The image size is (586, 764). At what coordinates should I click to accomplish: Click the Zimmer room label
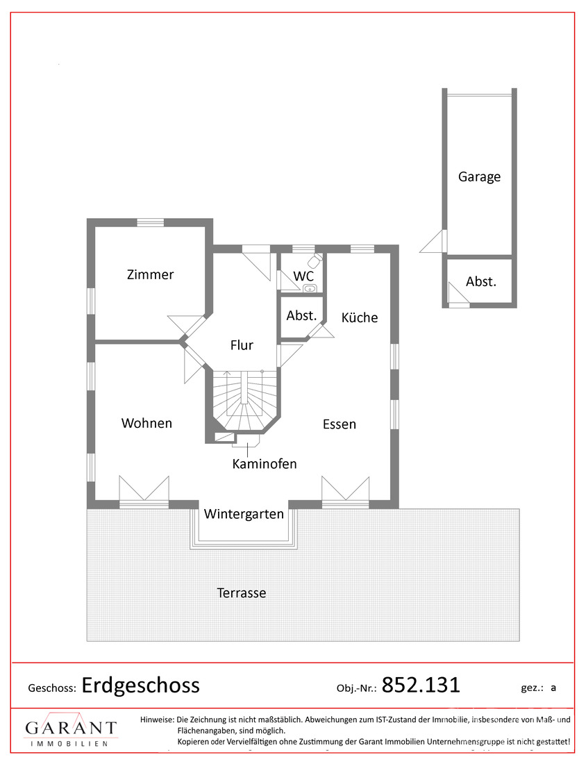(x=150, y=274)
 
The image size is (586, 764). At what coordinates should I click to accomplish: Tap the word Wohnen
(x=146, y=423)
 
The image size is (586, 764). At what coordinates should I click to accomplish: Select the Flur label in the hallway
(x=242, y=345)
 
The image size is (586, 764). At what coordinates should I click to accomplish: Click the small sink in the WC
(x=310, y=288)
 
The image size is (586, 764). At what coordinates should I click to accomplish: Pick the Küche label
(x=360, y=317)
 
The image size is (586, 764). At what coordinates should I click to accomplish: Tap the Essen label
(x=339, y=424)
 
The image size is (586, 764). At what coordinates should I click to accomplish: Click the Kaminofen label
(x=264, y=463)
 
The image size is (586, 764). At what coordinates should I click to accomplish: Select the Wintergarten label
(x=244, y=514)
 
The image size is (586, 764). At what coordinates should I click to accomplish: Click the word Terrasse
(x=241, y=593)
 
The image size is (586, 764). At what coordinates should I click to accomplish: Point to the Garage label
(x=479, y=176)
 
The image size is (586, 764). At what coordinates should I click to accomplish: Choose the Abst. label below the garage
(x=480, y=281)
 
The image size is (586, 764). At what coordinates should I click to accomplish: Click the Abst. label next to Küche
(x=301, y=316)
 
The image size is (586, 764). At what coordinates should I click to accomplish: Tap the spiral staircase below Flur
(x=246, y=401)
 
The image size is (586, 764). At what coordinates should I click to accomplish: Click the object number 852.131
(x=421, y=685)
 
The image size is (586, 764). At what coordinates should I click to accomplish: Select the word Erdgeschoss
(x=140, y=686)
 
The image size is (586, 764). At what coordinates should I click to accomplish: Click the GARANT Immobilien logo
(x=71, y=730)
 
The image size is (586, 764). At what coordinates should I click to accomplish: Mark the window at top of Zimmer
(x=150, y=223)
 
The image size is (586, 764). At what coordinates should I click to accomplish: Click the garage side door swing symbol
(x=433, y=242)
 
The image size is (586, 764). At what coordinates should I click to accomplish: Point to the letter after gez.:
(x=553, y=688)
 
